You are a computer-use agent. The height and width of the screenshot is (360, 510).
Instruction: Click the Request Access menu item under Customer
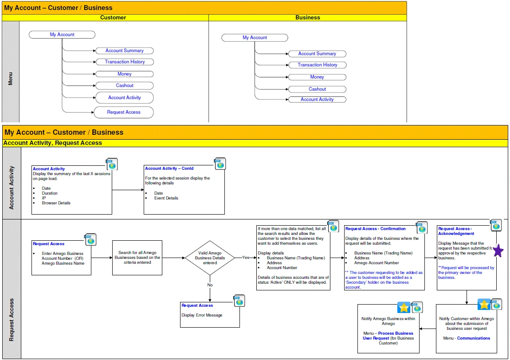click(124, 112)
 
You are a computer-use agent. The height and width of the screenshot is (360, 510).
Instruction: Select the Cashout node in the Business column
click(317, 89)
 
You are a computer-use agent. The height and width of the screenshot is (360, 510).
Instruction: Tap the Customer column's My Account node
click(62, 35)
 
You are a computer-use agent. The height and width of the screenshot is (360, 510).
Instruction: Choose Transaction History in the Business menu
click(317, 65)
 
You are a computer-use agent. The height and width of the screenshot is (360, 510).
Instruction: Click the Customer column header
click(113, 18)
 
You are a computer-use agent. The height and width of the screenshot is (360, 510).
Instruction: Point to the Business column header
click(307, 18)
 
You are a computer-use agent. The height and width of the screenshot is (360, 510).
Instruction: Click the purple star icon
click(498, 251)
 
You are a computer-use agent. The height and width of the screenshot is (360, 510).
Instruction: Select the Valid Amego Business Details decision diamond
click(210, 258)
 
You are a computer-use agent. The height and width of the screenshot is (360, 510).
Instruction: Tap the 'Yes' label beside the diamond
click(246, 258)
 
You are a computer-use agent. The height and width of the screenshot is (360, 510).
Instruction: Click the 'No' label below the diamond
click(210, 285)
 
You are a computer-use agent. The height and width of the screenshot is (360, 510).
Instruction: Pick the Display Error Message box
click(210, 315)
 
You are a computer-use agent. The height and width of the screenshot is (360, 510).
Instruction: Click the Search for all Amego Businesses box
click(137, 258)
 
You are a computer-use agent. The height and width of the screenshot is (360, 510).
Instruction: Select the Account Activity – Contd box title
click(169, 168)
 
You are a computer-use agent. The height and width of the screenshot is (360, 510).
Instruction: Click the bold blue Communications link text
click(474, 338)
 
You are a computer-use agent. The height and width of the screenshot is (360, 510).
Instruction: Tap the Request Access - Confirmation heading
click(375, 229)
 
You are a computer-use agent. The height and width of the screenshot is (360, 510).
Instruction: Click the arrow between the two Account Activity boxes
click(128, 190)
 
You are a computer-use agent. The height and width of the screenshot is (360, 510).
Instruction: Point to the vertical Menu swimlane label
click(10, 79)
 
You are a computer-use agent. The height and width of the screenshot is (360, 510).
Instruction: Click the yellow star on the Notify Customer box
click(484, 305)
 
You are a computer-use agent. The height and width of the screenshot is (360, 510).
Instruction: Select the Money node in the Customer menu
click(124, 74)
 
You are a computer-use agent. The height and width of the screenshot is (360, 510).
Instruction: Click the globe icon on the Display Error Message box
click(239, 301)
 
